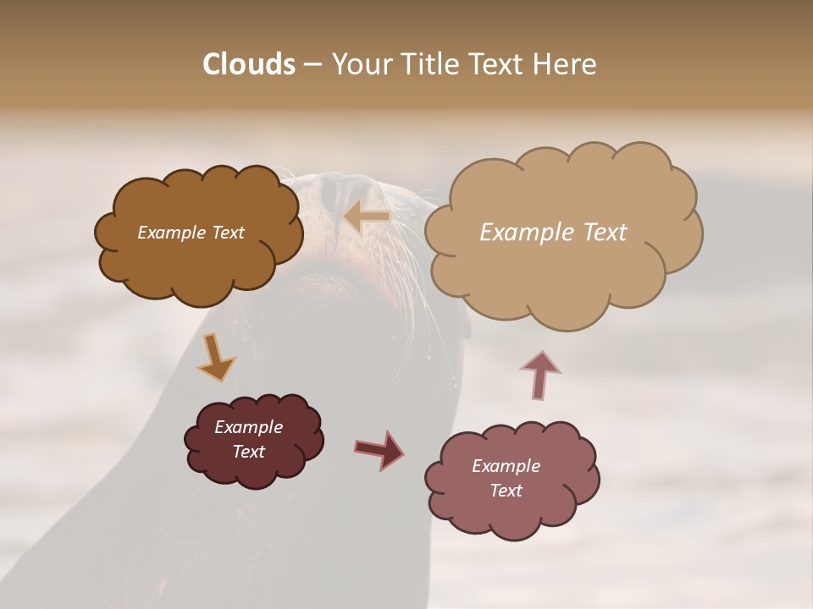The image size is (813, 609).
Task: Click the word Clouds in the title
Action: coord(249,64)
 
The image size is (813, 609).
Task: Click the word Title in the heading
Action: coord(430,64)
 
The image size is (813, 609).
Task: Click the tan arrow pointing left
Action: coord(367,217)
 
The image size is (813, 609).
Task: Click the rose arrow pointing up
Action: coord(539,375)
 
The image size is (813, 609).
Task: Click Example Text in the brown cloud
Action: coord(191,233)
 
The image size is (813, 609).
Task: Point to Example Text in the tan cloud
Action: coord(553,233)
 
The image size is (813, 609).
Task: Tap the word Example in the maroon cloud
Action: coord(248,427)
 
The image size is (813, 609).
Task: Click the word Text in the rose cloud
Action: coord(506,491)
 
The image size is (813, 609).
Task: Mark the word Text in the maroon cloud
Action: coord(248,452)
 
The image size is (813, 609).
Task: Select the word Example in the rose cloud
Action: coord(506,466)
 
